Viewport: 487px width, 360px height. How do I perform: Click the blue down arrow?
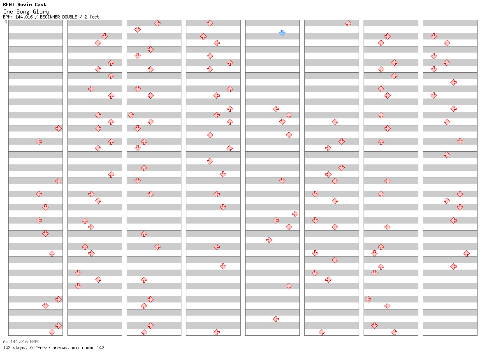pos(282,33)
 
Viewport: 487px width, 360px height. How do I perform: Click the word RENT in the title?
pos(9,5)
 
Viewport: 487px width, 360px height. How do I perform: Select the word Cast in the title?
pos(40,5)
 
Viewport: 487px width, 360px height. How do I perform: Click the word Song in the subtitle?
pos(23,12)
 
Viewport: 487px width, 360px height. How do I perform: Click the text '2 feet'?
pos(92,17)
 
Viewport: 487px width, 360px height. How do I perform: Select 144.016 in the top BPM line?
pos(24,17)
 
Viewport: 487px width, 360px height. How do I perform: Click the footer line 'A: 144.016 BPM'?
pos(20,342)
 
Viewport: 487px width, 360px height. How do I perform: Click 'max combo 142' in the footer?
pos(88,348)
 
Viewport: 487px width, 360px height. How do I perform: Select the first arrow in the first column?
pos(58,129)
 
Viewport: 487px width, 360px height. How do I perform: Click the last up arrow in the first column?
pos(52,332)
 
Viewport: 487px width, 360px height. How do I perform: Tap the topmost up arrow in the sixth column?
pos(348,23)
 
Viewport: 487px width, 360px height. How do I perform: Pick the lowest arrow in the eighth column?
pos(453,266)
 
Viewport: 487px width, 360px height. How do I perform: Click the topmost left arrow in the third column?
pos(158,23)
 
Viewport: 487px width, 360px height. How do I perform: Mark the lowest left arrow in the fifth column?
pos(276,319)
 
